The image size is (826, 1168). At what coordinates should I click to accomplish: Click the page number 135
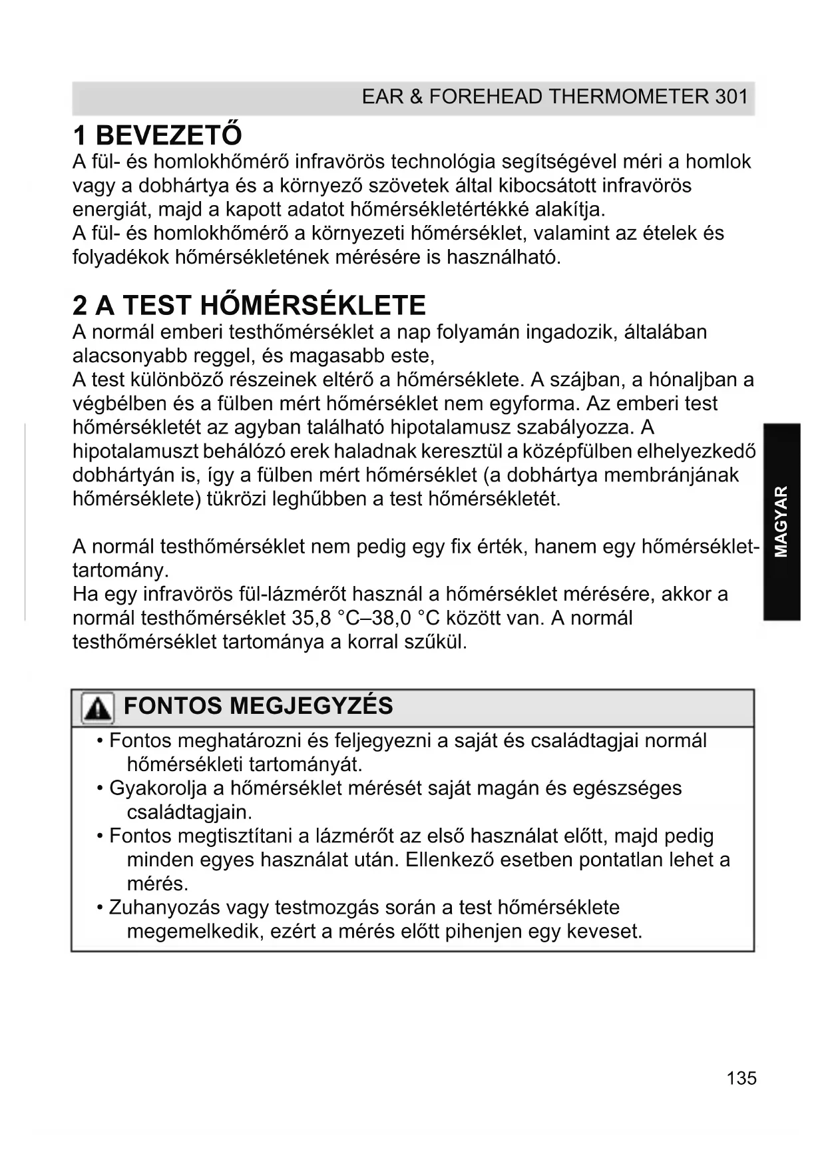pyautogui.click(x=741, y=1078)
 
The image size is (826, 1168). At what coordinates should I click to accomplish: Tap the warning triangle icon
pyautogui.click(x=97, y=708)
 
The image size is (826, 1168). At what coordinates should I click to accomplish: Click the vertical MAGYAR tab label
pyautogui.click(x=781, y=521)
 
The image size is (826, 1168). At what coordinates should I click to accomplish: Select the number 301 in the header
pyautogui.click(x=731, y=97)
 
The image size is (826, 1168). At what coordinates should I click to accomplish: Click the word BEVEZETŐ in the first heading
pyautogui.click(x=168, y=135)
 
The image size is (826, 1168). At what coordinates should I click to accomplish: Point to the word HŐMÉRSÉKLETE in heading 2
pyautogui.click(x=313, y=306)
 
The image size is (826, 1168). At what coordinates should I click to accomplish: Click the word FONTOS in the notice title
pyautogui.click(x=172, y=706)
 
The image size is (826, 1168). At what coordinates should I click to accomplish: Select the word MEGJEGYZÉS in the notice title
pyautogui.click(x=311, y=706)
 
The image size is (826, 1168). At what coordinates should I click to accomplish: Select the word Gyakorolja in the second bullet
pyautogui.click(x=158, y=788)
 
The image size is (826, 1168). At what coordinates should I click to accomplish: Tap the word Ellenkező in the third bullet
pyautogui.click(x=449, y=860)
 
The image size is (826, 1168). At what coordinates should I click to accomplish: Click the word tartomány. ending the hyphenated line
pyautogui.click(x=120, y=571)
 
